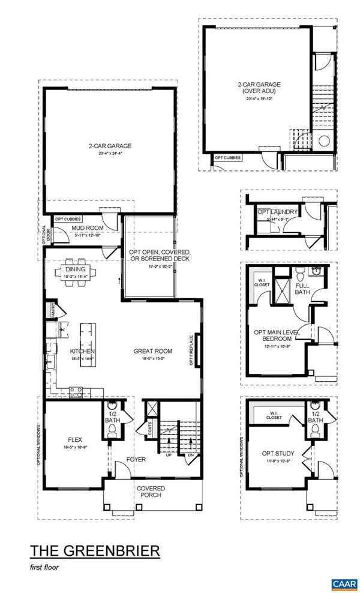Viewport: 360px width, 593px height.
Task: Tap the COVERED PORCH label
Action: click(x=151, y=492)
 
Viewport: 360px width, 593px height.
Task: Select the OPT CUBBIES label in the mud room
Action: click(x=68, y=219)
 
